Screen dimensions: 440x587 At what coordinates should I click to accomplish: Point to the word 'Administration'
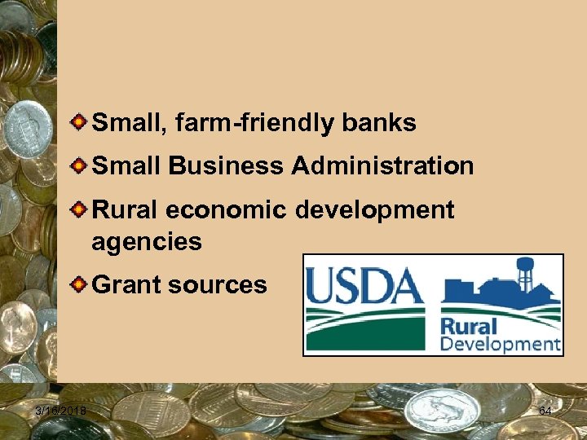[382, 166]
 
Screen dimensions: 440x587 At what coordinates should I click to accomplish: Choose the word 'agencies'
[147, 241]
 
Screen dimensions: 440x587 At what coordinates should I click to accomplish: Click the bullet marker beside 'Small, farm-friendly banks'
[76, 123]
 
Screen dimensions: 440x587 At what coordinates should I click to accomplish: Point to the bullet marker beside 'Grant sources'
[76, 284]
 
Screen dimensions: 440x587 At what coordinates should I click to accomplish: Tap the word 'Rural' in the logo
[466, 326]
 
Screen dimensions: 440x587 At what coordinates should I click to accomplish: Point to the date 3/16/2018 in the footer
[63, 410]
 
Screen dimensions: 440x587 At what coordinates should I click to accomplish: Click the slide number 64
[545, 411]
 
